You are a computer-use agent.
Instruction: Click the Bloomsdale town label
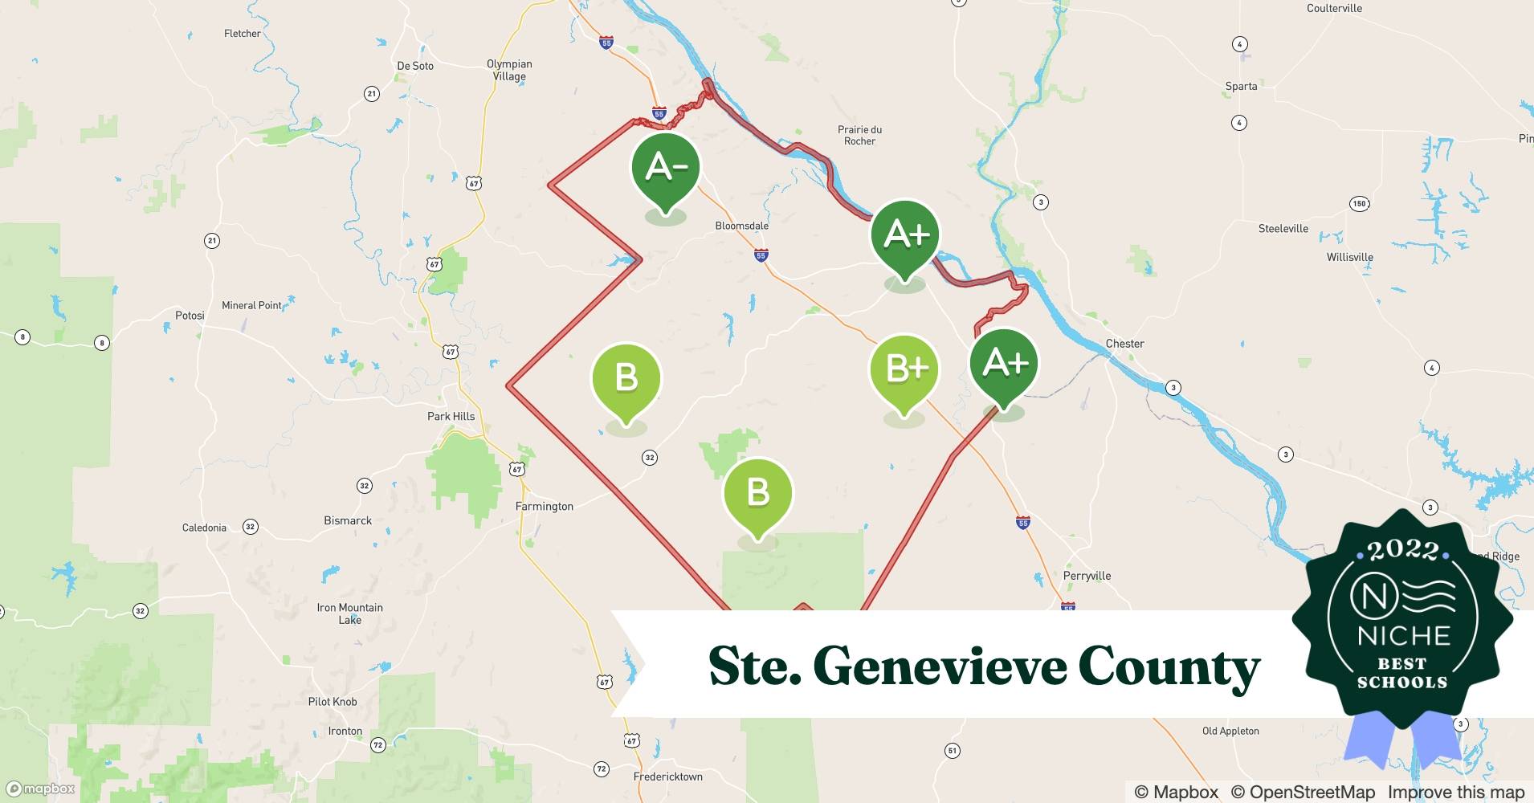point(741,226)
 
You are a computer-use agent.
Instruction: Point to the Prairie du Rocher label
point(859,135)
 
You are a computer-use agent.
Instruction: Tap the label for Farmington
point(544,506)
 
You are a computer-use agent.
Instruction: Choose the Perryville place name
point(1087,575)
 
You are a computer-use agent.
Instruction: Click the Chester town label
point(1124,343)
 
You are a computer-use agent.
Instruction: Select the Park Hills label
point(451,416)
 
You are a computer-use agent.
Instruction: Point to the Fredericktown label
point(667,777)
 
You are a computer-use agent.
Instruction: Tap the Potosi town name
point(190,315)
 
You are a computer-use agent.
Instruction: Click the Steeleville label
point(1283,228)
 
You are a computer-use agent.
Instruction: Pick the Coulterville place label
point(1334,8)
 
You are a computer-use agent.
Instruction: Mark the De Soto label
point(414,66)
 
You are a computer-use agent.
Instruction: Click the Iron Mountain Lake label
point(349,613)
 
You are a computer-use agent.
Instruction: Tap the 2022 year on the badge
point(1402,550)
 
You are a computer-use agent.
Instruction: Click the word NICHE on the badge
point(1403,636)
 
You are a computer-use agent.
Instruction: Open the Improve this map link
point(1455,792)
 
